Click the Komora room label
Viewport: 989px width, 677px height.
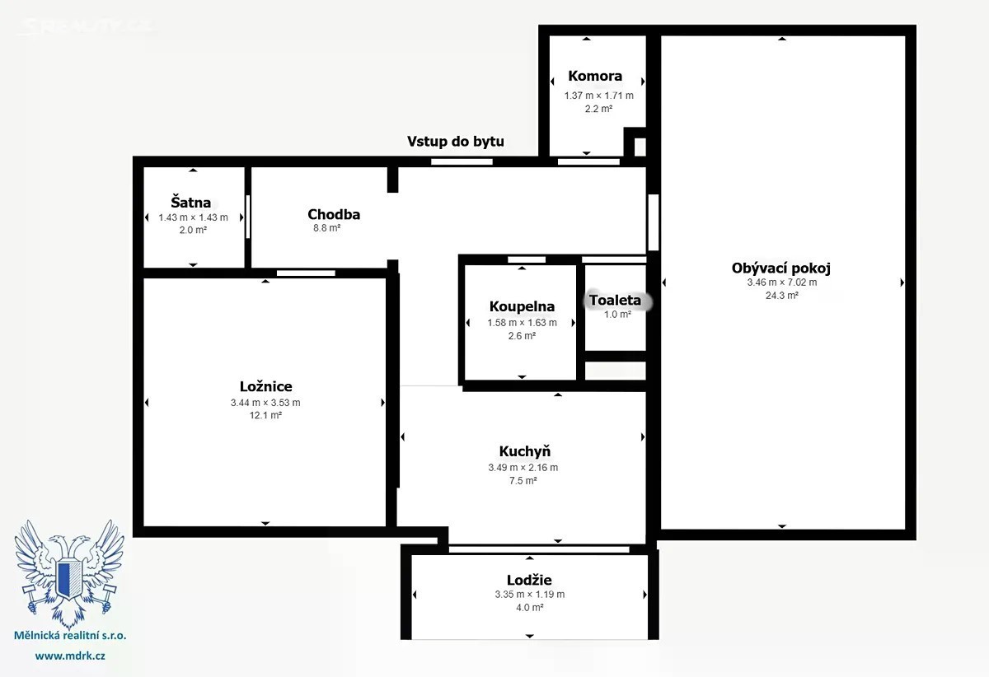click(595, 76)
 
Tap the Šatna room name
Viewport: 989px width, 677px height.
click(190, 203)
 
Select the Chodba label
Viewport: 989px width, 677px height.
click(334, 214)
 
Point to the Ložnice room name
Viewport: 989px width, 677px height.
click(265, 386)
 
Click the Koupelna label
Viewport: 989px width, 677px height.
click(522, 306)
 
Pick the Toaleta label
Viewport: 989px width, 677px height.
click(615, 300)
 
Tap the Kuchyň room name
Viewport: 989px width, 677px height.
click(525, 451)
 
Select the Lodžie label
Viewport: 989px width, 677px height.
click(529, 580)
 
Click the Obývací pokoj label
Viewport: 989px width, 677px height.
click(781, 268)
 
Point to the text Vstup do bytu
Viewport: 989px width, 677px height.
click(456, 141)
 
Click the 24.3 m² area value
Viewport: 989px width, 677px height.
click(782, 296)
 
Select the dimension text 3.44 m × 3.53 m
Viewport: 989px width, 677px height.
click(265, 403)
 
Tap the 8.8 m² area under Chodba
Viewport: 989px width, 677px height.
click(326, 228)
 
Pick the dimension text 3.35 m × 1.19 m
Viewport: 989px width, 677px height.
click(529, 595)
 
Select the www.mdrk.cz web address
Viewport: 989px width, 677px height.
click(70, 656)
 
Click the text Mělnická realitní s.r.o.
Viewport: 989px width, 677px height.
click(70, 636)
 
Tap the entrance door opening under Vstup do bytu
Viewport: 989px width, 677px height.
click(462, 162)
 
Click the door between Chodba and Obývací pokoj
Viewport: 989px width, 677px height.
click(654, 222)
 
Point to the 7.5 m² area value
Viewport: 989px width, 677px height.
click(523, 481)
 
